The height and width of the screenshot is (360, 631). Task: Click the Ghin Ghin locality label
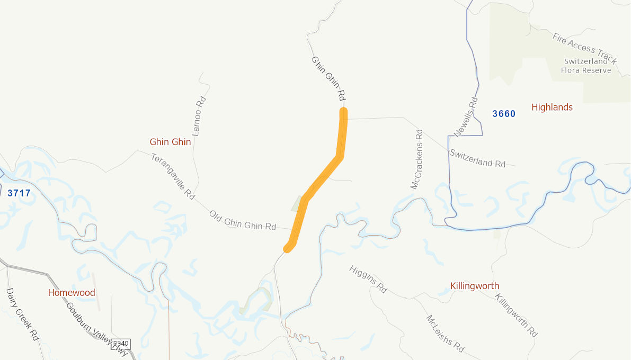click(170, 142)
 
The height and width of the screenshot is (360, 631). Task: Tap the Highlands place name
click(552, 107)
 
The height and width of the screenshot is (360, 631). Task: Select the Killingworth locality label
click(475, 286)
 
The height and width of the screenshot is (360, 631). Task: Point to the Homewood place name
click(72, 293)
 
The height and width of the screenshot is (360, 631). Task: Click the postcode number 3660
click(504, 114)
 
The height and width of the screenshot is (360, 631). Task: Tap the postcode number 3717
click(19, 193)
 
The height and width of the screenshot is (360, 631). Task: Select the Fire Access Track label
click(584, 46)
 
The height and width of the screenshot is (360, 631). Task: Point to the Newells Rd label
click(466, 117)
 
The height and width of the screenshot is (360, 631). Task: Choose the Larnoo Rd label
click(199, 116)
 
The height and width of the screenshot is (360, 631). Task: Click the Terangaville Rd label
click(173, 176)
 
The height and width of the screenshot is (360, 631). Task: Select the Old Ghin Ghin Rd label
click(243, 220)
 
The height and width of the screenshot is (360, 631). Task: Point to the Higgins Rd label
click(368, 279)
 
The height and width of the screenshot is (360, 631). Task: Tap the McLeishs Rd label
click(445, 334)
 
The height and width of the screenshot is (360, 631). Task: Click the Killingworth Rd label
click(516, 315)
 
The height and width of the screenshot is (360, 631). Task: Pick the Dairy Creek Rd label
click(23, 314)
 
